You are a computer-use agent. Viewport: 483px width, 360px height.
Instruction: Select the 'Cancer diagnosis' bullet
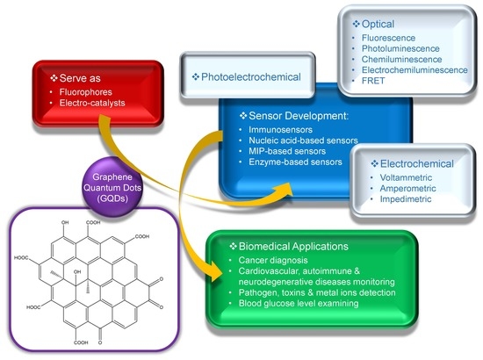[x=267, y=263]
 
